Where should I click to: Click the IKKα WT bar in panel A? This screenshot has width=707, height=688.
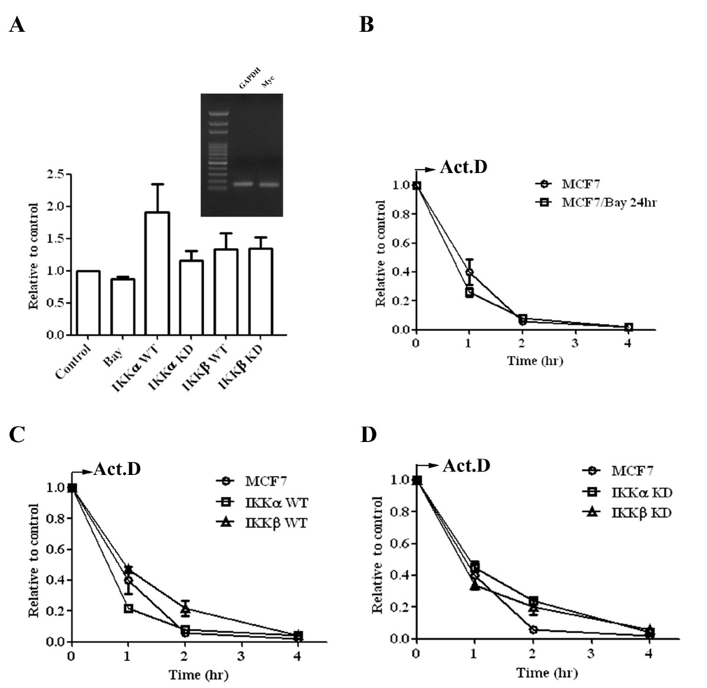tap(156, 274)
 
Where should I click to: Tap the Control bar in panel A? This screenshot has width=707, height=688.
tap(88, 303)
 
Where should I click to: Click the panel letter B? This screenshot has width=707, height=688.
tap(366, 25)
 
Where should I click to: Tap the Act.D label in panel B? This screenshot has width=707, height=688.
tap(464, 168)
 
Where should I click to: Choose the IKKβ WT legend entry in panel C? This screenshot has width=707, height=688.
tap(276, 523)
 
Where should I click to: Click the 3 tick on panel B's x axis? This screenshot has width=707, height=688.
tap(574, 343)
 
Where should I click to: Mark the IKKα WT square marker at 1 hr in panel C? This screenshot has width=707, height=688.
tap(128, 608)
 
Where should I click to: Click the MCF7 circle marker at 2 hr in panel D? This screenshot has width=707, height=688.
tap(533, 630)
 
